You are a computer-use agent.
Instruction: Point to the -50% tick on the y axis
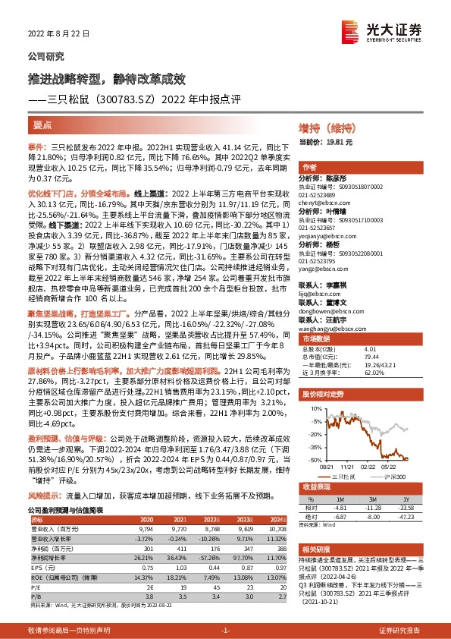[x=312, y=460]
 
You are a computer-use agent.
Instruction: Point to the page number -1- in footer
[x=225, y=630]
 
